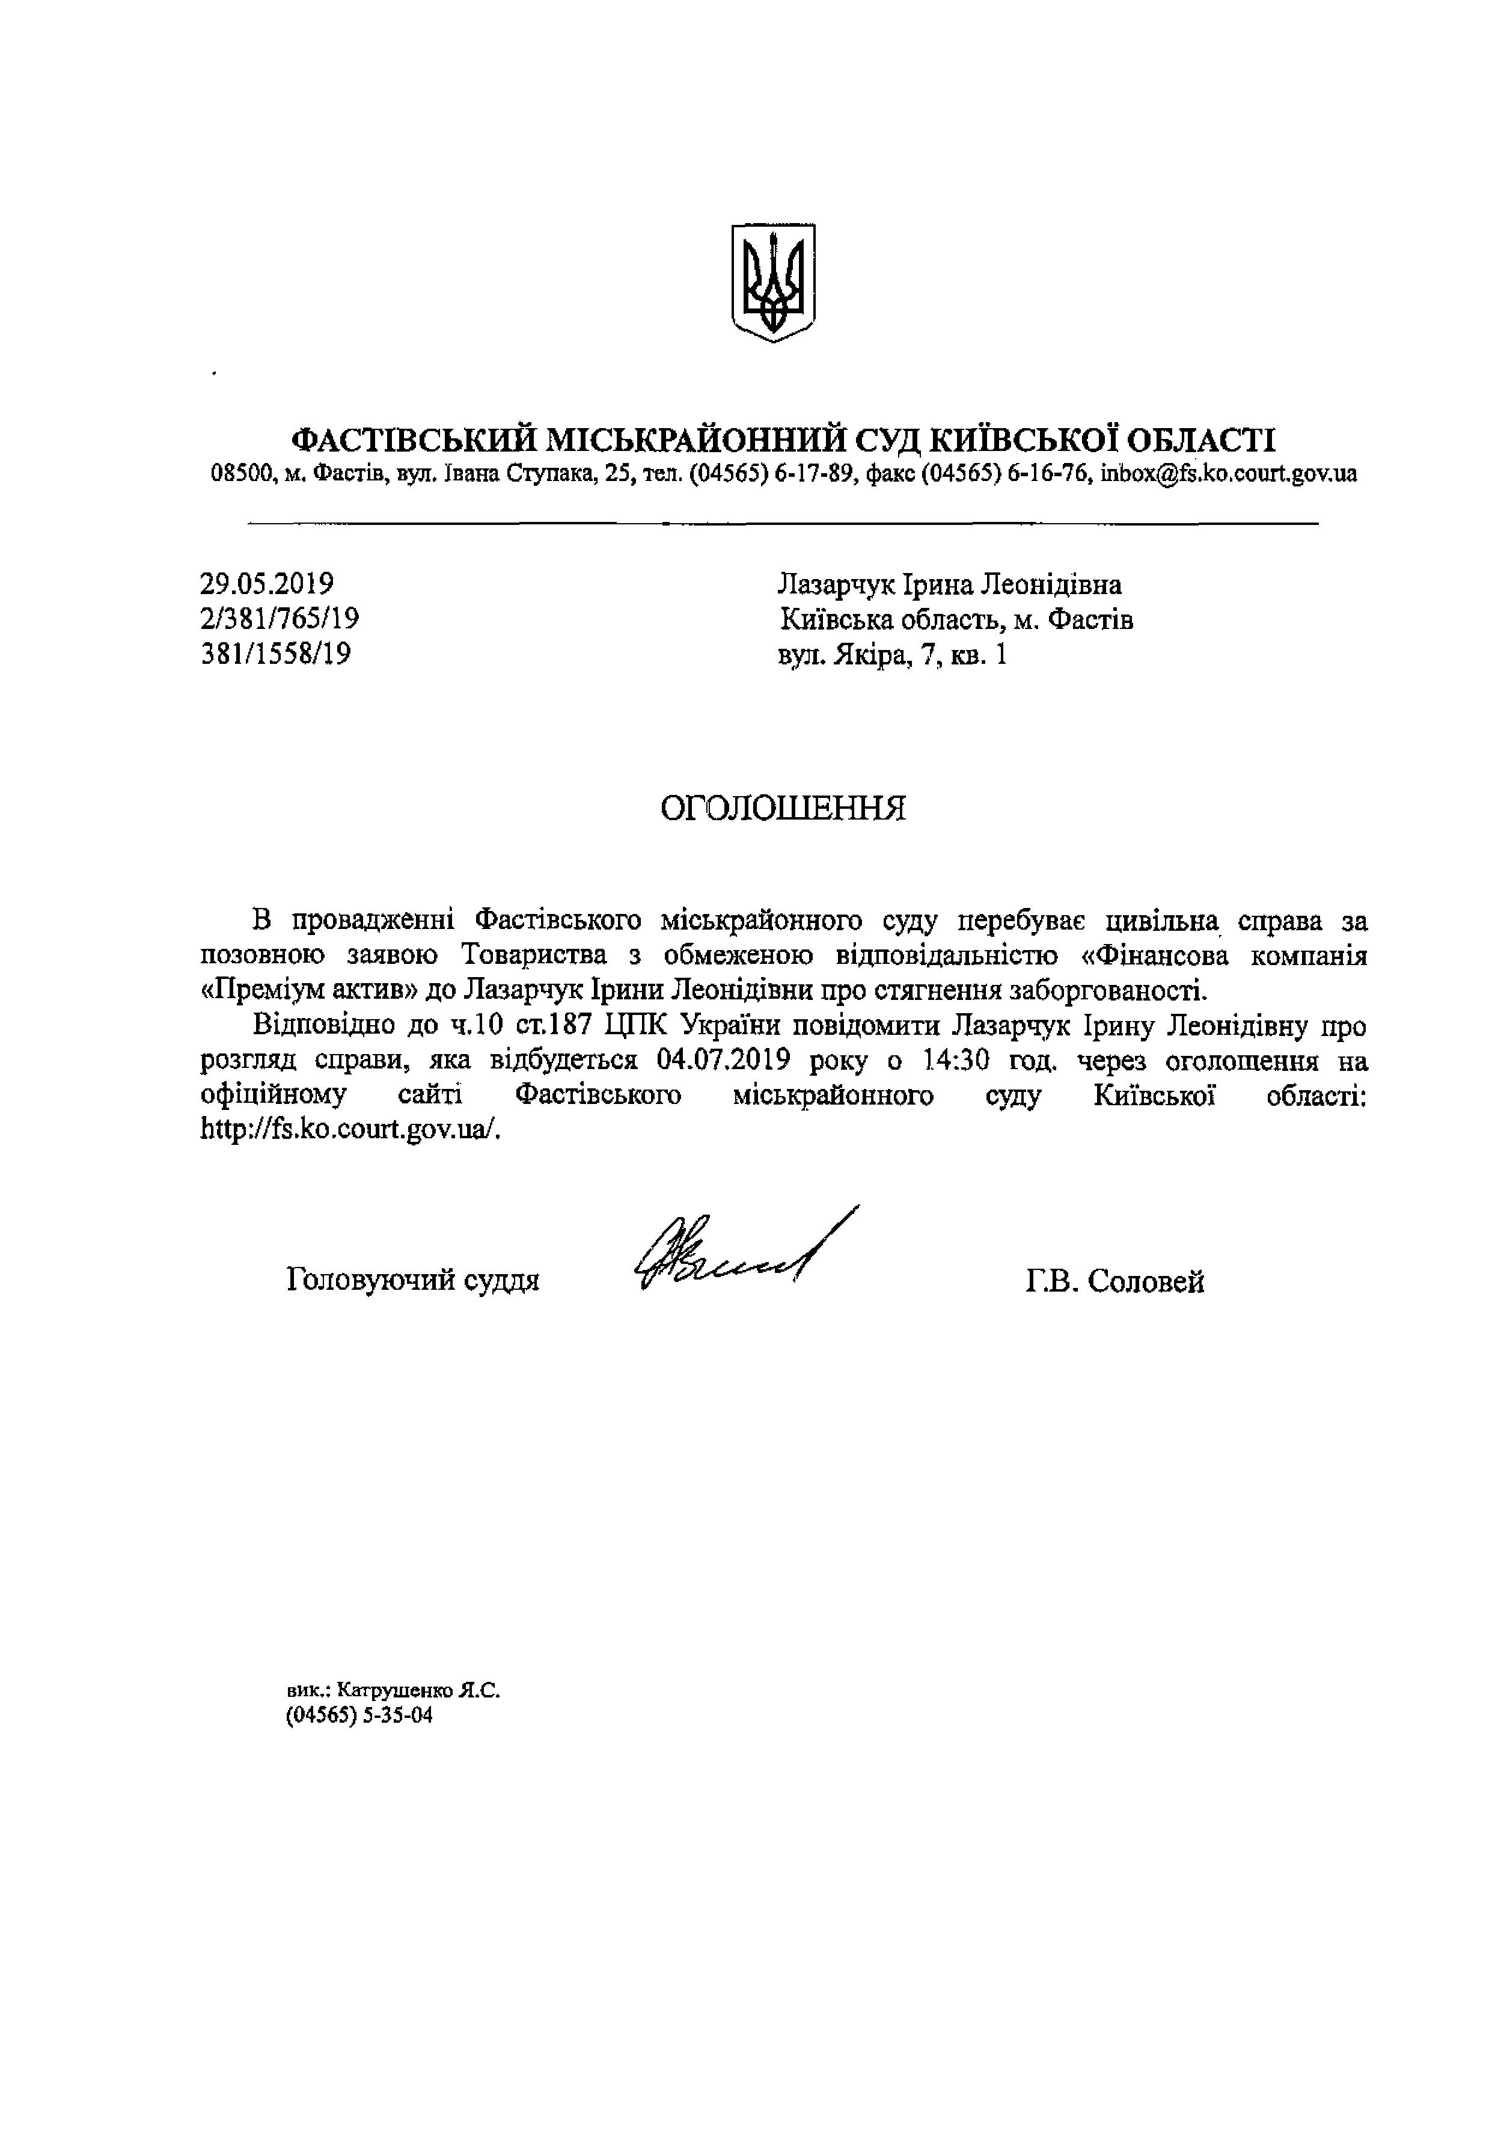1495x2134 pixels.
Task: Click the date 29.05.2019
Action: coord(267,584)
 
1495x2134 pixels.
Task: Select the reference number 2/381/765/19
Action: coord(280,619)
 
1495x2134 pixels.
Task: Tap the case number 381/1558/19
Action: coord(276,654)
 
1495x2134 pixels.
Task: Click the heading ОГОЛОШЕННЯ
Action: coord(782,809)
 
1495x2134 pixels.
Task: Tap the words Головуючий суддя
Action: coord(414,1281)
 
